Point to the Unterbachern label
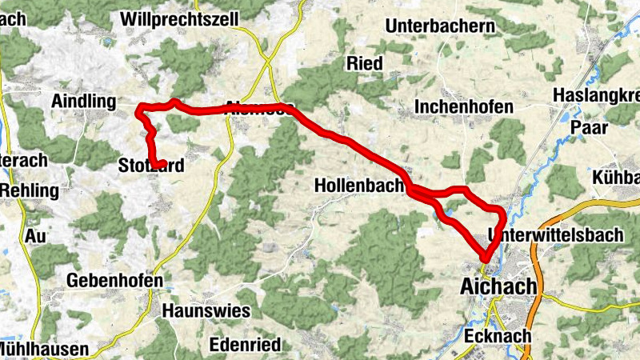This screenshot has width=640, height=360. pos(440,26)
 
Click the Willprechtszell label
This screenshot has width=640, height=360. pos(181,17)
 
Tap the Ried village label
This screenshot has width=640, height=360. pos(365,63)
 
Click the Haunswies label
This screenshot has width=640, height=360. pos(206,310)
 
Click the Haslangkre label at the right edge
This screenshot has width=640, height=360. pos(595,96)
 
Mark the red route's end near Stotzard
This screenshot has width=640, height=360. pos(163,163)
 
